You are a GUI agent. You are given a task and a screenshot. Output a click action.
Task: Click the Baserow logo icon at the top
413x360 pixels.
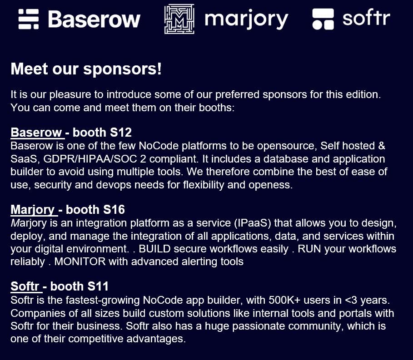click(29, 19)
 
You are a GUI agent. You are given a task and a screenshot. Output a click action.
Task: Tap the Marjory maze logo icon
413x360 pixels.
click(179, 19)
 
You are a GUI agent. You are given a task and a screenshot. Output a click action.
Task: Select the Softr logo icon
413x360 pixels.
click(323, 19)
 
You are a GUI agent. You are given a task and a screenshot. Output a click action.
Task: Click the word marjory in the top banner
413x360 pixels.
click(247, 20)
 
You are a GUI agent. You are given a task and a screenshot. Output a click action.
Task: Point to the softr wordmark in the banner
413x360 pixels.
click(366, 17)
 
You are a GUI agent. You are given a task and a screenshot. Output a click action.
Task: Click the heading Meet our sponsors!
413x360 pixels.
click(86, 69)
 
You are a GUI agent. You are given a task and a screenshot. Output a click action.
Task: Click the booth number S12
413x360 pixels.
click(121, 133)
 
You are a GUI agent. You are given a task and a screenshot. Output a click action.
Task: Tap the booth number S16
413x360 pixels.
click(114, 210)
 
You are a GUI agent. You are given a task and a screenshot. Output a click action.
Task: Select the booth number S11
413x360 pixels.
click(98, 286)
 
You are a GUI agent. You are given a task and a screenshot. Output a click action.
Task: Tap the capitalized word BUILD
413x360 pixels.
click(154, 249)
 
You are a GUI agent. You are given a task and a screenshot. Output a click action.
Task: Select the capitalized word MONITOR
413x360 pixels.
click(80, 261)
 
